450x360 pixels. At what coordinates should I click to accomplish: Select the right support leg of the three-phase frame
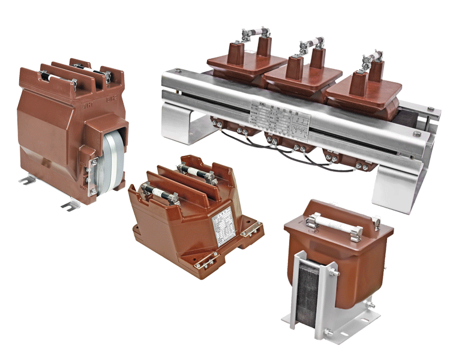point(397,192)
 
